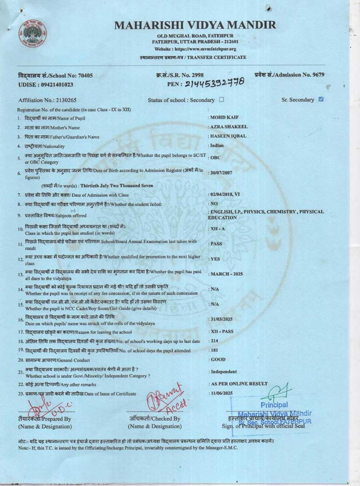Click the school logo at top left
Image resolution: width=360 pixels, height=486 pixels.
(32, 33)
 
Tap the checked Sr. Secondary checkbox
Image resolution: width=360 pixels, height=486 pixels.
(321, 99)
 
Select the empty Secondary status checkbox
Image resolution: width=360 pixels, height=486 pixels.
(221, 100)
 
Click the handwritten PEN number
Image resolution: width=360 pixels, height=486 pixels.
(215, 83)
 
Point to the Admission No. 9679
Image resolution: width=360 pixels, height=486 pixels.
(289, 75)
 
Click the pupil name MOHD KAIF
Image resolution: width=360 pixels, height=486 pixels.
(224, 117)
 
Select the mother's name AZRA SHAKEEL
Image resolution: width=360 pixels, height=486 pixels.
(229, 127)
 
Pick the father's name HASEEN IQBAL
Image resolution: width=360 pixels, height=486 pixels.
(228, 136)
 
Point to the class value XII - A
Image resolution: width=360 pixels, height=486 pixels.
(217, 229)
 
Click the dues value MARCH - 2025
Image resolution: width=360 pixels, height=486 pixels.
(226, 274)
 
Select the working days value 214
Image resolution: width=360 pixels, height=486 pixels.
(214, 341)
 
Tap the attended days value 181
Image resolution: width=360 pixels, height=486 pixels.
(214, 350)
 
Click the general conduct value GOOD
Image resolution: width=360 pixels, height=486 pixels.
(218, 359)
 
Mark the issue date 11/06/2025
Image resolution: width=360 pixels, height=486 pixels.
(221, 393)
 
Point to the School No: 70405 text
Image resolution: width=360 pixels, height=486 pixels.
(55, 76)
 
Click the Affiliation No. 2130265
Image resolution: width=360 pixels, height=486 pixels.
(48, 100)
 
